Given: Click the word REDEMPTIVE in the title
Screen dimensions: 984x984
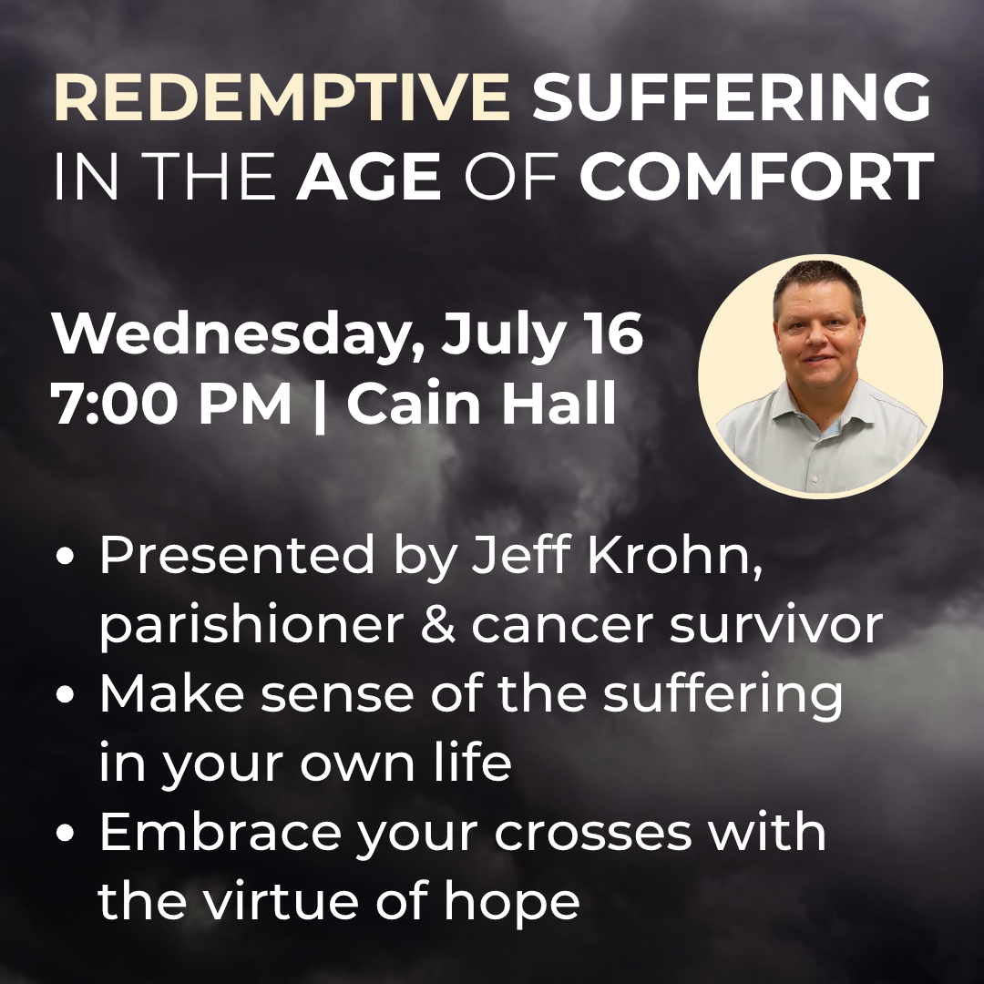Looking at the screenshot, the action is (x=282, y=97).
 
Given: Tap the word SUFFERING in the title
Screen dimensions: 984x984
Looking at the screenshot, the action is (x=732, y=97).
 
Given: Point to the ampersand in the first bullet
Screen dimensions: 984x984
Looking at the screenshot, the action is (x=438, y=624).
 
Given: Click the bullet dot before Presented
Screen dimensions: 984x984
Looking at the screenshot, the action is (x=65, y=556).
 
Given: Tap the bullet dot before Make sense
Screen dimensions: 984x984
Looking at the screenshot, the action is (x=65, y=694).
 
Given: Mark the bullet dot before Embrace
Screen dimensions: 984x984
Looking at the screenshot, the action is (x=65, y=833).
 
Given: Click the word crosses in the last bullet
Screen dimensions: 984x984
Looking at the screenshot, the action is (x=593, y=834).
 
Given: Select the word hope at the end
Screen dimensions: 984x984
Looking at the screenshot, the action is (x=512, y=902).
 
